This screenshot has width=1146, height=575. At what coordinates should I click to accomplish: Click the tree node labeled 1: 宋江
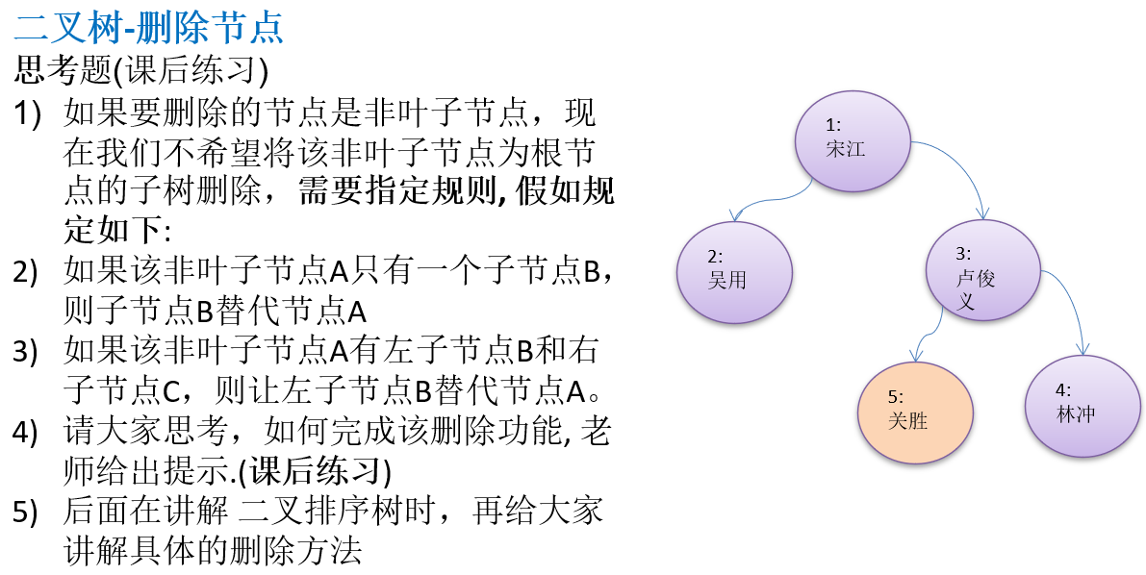coord(853,138)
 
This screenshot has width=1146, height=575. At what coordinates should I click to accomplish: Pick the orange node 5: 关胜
coord(915,410)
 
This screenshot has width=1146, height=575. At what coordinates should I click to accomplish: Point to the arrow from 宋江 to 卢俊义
coord(962,163)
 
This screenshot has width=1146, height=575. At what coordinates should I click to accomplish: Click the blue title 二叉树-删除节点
coord(149,28)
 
